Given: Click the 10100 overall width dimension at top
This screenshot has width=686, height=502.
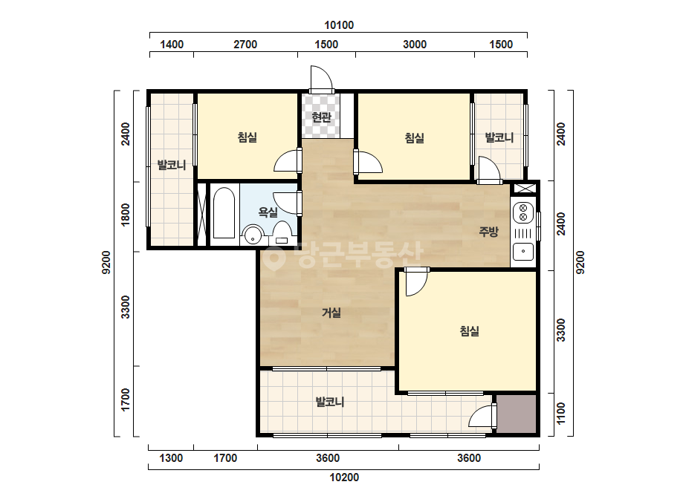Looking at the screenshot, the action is click(339, 25).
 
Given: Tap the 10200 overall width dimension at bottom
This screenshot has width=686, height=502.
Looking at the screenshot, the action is click(344, 477).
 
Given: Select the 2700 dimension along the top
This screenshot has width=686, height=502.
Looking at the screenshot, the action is click(245, 44).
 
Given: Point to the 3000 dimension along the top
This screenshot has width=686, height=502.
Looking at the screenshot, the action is click(414, 44).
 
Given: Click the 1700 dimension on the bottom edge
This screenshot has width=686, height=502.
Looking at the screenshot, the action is click(225, 458).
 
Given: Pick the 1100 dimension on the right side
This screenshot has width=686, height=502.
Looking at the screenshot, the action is click(561, 413).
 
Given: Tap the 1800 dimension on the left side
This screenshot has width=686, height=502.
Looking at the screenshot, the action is click(126, 215).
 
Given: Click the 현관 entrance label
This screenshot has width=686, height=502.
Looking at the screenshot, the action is click(321, 117).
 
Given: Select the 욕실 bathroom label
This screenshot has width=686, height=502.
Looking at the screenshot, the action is click(268, 212).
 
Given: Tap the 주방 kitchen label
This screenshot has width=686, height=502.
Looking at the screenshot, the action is click(488, 232).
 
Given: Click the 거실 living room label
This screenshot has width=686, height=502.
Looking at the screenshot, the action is click(331, 313).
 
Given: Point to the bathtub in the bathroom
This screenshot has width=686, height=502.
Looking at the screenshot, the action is click(224, 213).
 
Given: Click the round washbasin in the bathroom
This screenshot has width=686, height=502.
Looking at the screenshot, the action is click(253, 235).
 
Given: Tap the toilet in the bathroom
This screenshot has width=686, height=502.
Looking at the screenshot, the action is click(282, 232).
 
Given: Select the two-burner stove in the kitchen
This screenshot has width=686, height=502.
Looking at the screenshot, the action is click(523, 212).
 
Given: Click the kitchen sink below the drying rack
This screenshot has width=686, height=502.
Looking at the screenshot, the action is click(523, 252).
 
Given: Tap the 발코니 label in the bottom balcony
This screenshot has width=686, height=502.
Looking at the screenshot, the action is click(330, 402).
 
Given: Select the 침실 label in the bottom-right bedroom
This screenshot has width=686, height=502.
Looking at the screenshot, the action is click(470, 331).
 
